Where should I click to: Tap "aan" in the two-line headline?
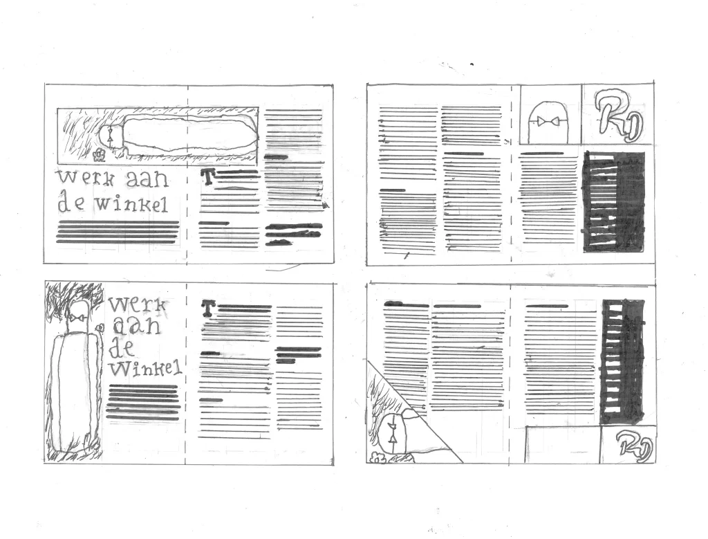147,179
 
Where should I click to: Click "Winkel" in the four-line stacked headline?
145,369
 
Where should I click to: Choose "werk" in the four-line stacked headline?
138,304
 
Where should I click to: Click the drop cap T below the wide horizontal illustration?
207,176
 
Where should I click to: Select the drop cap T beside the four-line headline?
207,308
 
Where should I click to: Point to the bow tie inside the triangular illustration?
393,432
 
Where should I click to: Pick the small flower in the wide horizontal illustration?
98,156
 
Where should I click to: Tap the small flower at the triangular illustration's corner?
377,457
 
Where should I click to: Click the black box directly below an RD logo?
614,201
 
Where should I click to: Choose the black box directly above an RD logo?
623,361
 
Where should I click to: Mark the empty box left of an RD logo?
563,444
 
